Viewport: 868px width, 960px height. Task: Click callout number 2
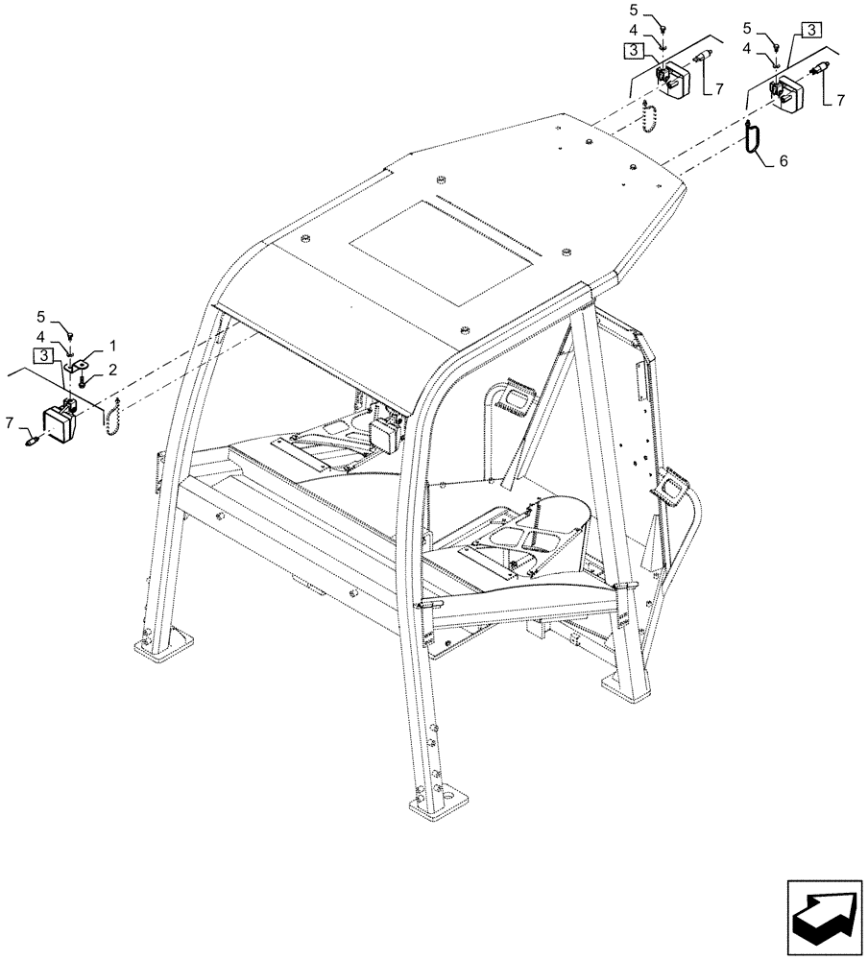[x=112, y=369]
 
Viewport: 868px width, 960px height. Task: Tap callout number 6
[x=783, y=162]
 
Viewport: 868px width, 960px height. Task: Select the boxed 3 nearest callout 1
[x=42, y=356]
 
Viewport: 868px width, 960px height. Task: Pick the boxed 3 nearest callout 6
[x=810, y=30]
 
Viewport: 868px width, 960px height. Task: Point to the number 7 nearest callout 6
[x=841, y=99]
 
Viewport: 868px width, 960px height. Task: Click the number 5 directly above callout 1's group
[x=40, y=315]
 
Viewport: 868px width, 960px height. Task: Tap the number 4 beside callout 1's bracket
[x=40, y=335]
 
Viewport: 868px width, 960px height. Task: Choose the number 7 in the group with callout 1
[x=10, y=421]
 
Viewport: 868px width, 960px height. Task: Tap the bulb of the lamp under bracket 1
[x=32, y=442]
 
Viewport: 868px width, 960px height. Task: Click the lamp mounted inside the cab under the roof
[x=389, y=431]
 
